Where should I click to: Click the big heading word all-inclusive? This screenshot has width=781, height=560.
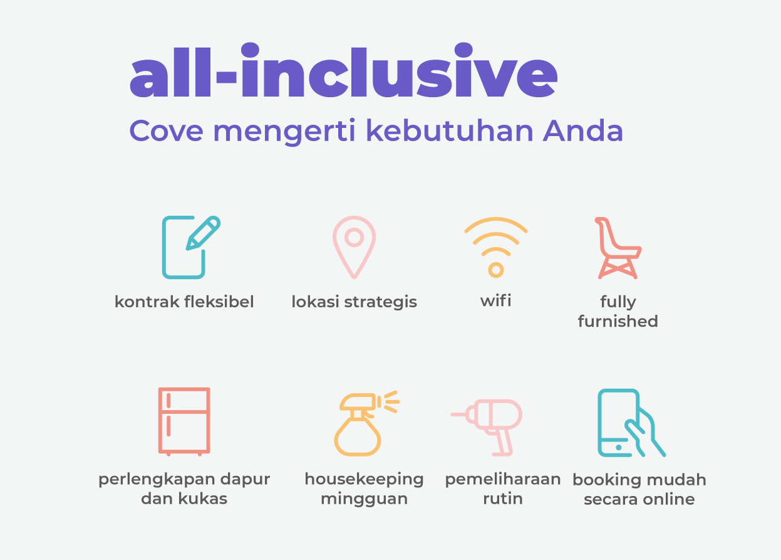click(344, 70)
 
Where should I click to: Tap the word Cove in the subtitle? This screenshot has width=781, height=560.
click(166, 131)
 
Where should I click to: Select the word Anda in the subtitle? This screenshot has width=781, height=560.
click(583, 130)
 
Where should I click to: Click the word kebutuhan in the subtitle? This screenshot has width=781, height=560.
click(450, 130)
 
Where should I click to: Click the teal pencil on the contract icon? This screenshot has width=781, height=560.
click(203, 233)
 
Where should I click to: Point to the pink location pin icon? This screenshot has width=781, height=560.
click(354, 247)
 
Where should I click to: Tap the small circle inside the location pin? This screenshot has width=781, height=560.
click(354, 238)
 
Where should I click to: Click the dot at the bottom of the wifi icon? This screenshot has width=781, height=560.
click(496, 270)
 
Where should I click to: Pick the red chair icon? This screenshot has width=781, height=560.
click(618, 248)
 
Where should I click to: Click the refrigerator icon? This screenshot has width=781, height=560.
click(184, 421)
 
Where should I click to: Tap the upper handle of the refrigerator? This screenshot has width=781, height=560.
click(168, 401)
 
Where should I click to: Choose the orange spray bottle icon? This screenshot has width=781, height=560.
click(366, 423)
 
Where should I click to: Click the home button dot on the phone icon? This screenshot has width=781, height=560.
click(619, 447)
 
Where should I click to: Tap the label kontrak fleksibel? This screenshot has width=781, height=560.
click(184, 302)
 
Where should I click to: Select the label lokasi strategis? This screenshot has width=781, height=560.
click(354, 302)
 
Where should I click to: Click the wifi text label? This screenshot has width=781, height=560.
click(496, 301)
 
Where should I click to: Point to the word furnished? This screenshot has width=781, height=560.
click(618, 321)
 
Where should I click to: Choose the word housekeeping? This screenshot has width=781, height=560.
click(364, 480)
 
